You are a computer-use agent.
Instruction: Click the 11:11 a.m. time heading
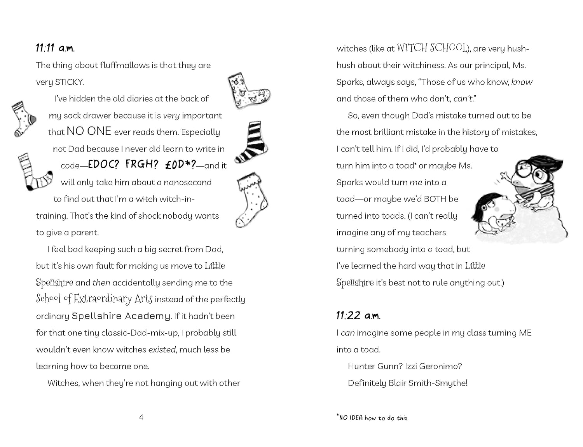coord(55,48)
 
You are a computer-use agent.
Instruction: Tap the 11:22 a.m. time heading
coord(358,315)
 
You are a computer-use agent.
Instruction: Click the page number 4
coord(141,417)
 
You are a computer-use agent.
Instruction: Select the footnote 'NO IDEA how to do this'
coord(373,418)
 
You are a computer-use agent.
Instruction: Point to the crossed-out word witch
coord(146,199)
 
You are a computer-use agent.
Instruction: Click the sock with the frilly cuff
coord(252,200)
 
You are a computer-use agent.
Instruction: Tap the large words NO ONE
coord(89,131)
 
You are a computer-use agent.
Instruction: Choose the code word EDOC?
coord(103,165)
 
